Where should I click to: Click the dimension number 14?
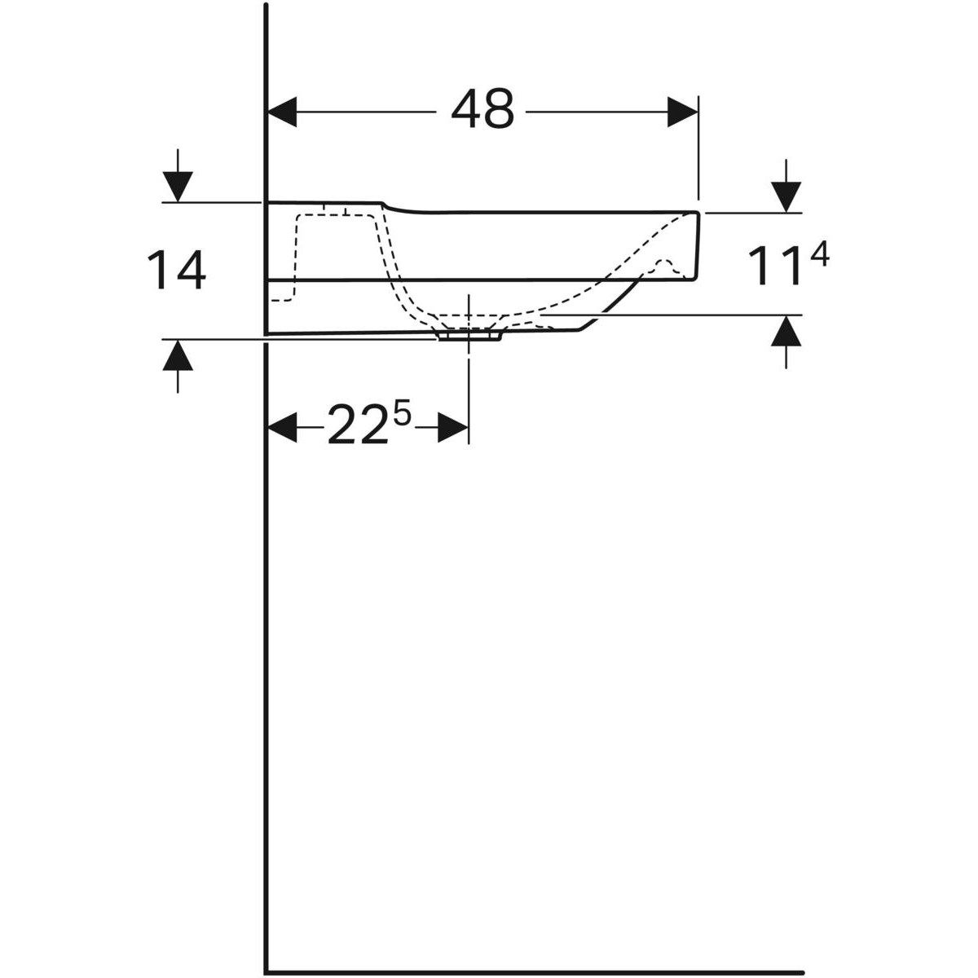[x=176, y=271]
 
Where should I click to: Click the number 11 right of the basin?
[x=773, y=269]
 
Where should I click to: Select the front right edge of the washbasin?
[x=698, y=244]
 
